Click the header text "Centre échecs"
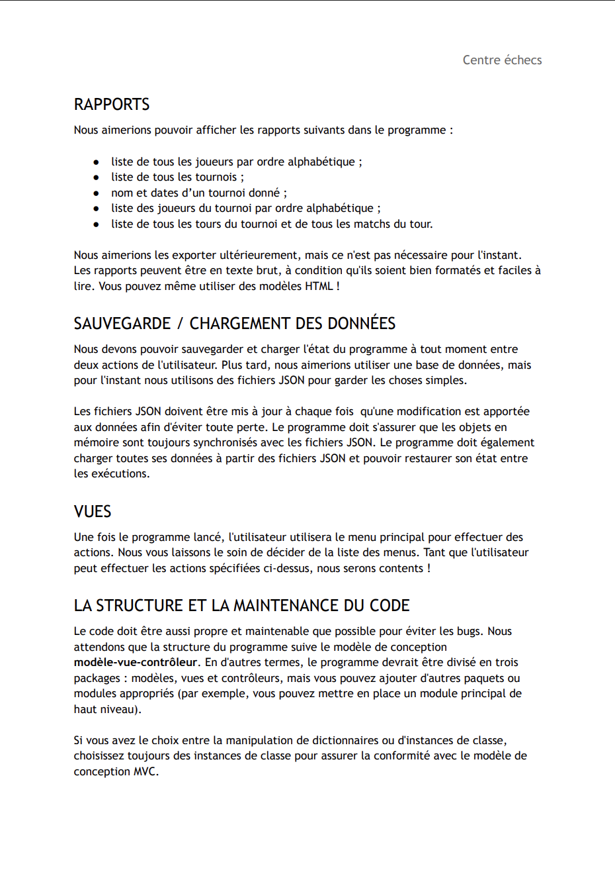pyautogui.click(x=502, y=60)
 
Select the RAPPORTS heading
pyautogui.click(x=112, y=105)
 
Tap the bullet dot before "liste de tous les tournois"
pyautogui.click(x=97, y=177)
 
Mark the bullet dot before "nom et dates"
pyautogui.click(x=97, y=193)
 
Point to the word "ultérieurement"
pyautogui.click(x=259, y=255)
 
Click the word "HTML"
pyautogui.click(x=319, y=286)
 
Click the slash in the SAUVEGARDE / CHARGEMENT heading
pyautogui.click(x=180, y=324)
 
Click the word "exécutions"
pyautogui.click(x=120, y=473)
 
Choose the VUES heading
pyautogui.click(x=93, y=512)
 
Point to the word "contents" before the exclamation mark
pyautogui.click(x=401, y=568)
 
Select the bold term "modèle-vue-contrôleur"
pyautogui.click(x=136, y=662)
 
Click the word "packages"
pyautogui.click(x=96, y=678)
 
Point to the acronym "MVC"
pyautogui.click(x=145, y=771)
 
